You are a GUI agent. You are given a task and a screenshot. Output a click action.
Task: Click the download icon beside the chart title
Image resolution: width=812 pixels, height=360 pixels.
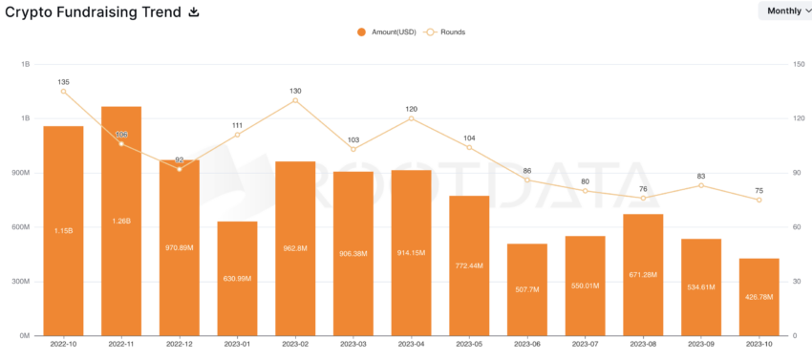[x=194, y=11]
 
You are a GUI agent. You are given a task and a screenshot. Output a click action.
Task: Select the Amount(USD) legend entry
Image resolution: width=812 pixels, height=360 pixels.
[x=387, y=32]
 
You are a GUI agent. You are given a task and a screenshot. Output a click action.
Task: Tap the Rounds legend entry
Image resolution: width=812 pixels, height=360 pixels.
[x=445, y=32]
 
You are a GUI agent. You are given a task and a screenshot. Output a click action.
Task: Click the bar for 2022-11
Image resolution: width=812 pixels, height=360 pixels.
[x=121, y=221]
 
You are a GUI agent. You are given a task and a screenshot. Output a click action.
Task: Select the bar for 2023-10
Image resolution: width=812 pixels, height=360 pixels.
[x=759, y=297]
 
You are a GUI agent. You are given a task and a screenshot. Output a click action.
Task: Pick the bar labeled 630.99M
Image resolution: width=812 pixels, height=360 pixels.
[x=237, y=278]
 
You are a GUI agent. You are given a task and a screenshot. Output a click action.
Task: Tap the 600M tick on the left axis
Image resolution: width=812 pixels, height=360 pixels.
[x=19, y=227]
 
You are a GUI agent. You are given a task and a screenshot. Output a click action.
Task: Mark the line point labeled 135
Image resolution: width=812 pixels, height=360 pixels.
[x=63, y=91]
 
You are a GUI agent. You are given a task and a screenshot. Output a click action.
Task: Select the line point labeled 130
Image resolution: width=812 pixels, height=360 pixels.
[x=295, y=100]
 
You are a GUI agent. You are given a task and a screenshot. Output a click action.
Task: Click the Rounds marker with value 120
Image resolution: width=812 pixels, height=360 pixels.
[x=411, y=118]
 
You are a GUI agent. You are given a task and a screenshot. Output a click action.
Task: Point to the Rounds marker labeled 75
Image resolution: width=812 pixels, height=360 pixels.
[x=759, y=200]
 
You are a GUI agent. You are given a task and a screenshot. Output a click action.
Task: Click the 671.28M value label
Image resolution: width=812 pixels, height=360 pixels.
[x=643, y=275]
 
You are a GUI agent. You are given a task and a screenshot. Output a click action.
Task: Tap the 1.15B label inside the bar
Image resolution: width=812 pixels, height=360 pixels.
[x=63, y=230]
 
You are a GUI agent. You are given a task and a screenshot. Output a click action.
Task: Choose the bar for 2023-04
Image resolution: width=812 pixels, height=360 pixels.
[x=411, y=252]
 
